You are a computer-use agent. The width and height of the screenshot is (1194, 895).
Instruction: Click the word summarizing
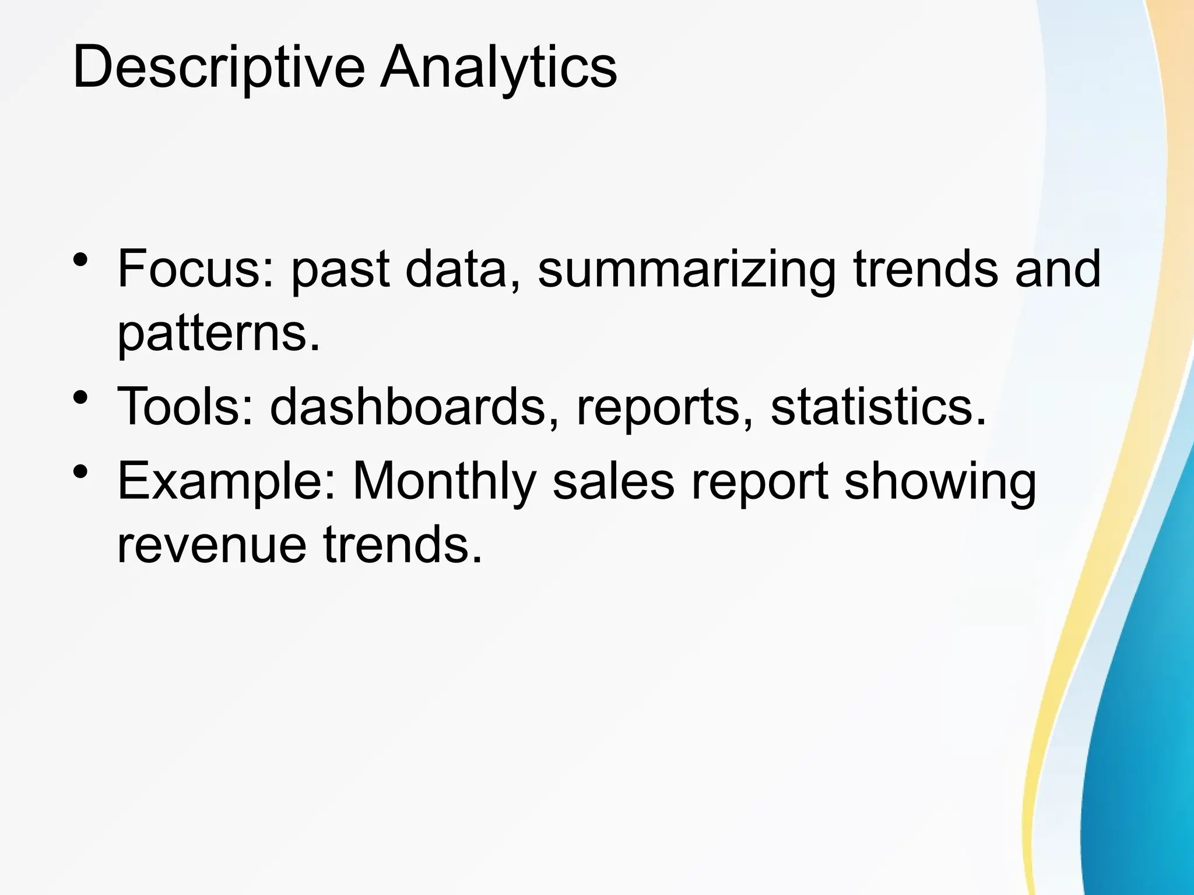tap(687, 269)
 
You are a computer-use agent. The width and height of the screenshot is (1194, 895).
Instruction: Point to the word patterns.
tap(219, 335)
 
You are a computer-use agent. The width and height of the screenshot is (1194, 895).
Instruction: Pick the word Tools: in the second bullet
tap(185, 406)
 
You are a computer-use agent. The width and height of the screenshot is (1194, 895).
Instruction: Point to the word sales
tap(613, 482)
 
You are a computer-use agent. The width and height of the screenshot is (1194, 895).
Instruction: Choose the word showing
tap(940, 482)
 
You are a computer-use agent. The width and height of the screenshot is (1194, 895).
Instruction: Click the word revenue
tap(212, 545)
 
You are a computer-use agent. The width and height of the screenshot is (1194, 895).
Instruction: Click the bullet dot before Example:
tap(81, 471)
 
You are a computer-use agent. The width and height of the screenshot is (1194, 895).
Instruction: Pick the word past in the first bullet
tap(340, 269)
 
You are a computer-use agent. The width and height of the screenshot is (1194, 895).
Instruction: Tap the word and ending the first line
tap(1058, 269)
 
